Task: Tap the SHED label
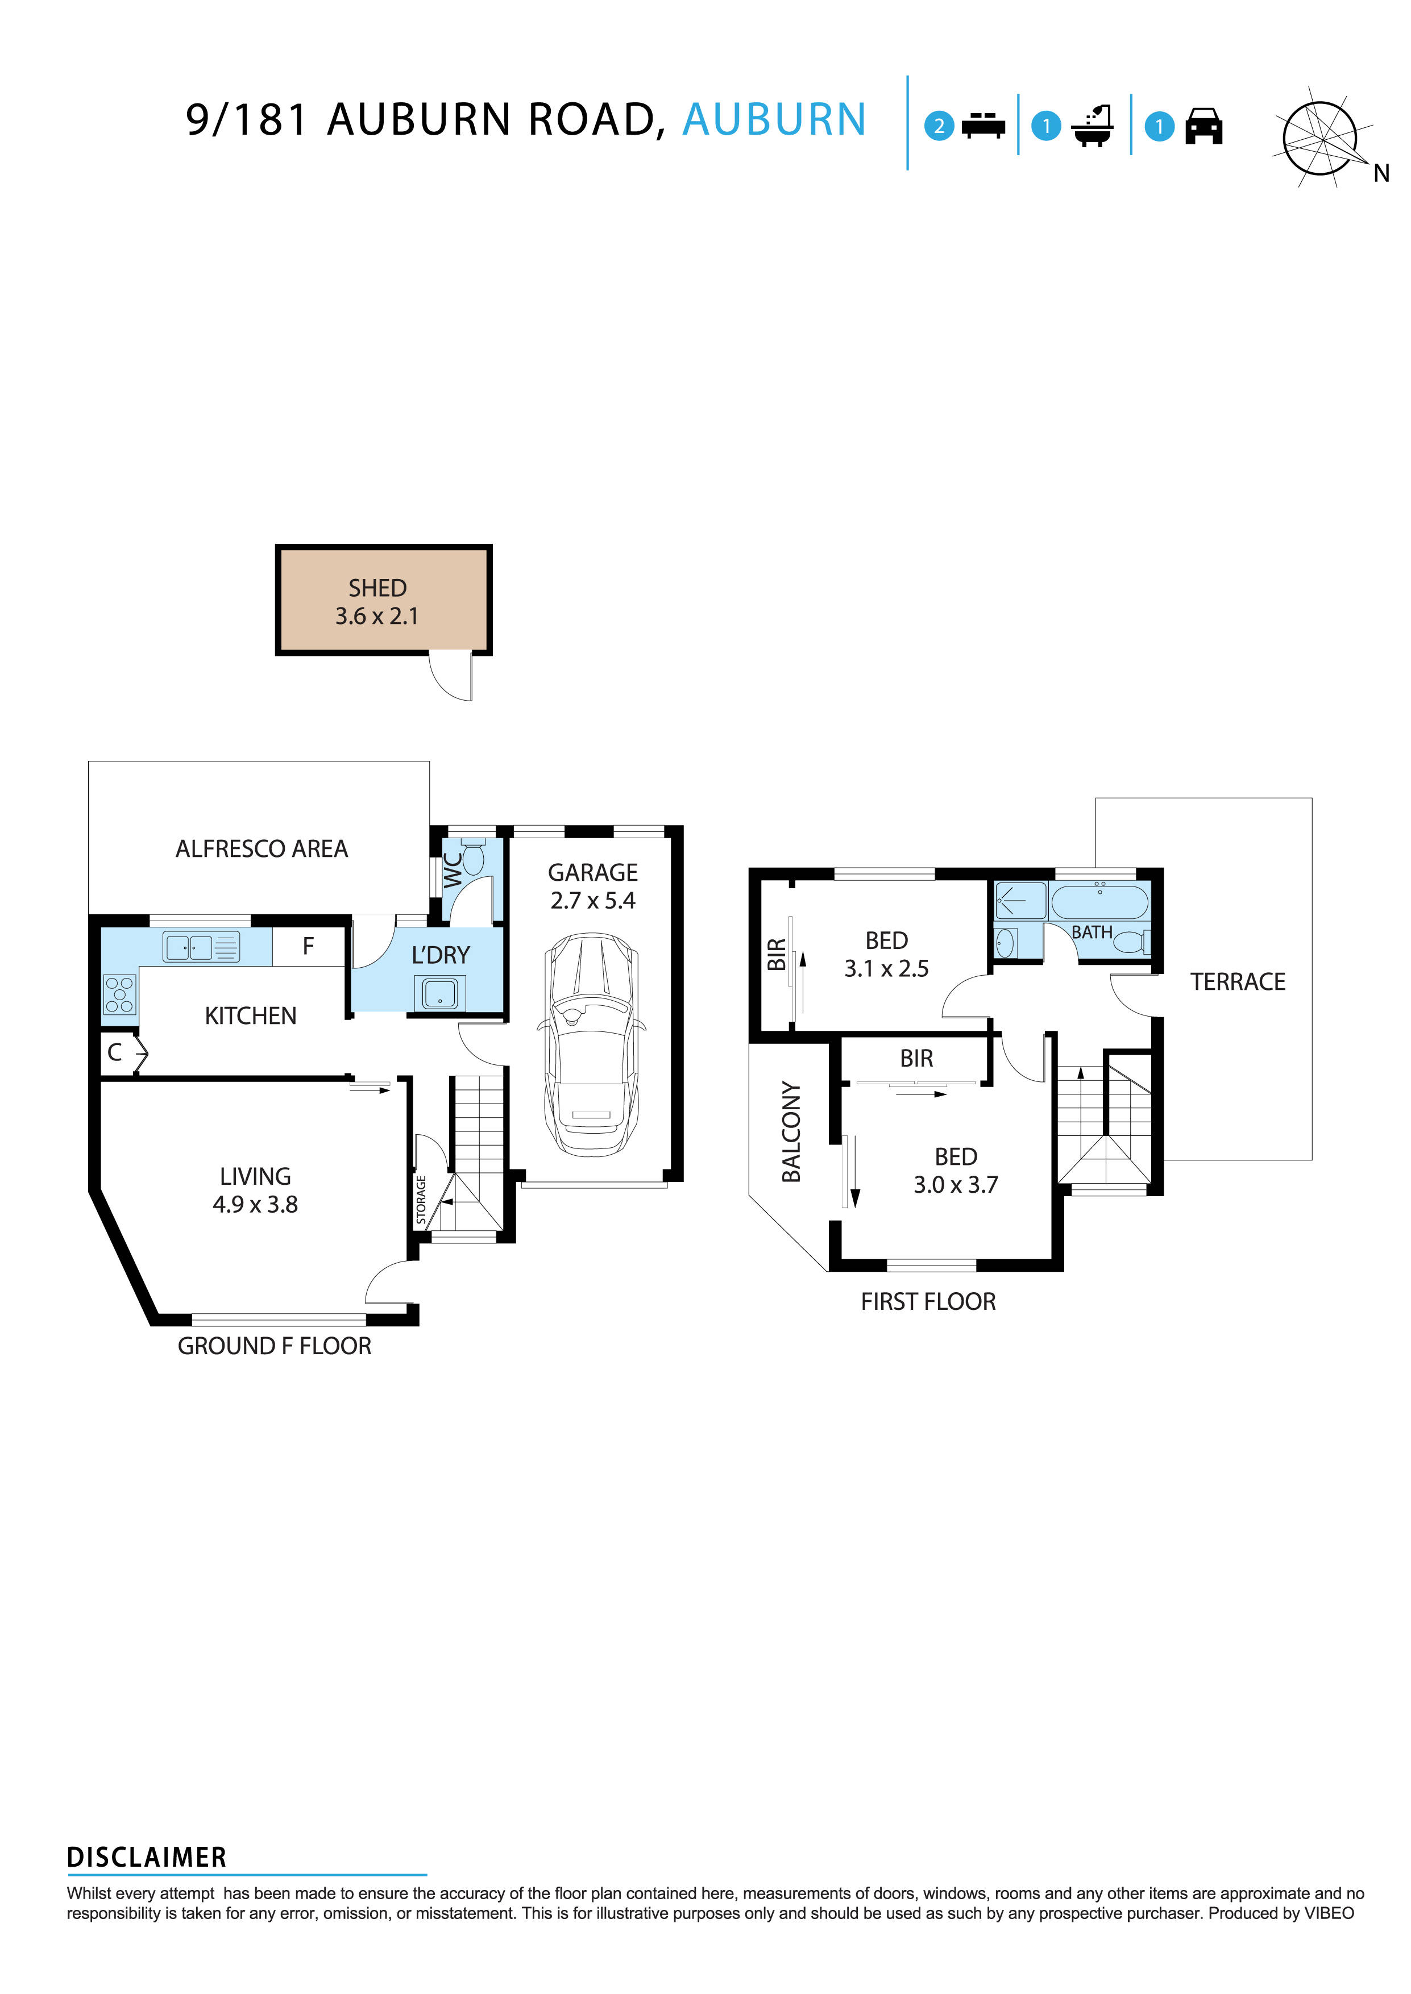tap(377, 588)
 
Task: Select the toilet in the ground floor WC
tap(472, 856)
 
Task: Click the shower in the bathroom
tap(1020, 901)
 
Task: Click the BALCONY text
tap(791, 1131)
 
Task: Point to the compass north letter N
tap(1381, 174)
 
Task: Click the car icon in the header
tap(1203, 127)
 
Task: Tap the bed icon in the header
tap(983, 126)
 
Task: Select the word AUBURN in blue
tap(774, 120)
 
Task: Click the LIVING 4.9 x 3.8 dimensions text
tap(255, 1205)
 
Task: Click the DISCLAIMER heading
tap(146, 1858)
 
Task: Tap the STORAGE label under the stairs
tap(421, 1200)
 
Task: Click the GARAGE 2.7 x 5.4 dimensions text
tap(592, 901)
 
